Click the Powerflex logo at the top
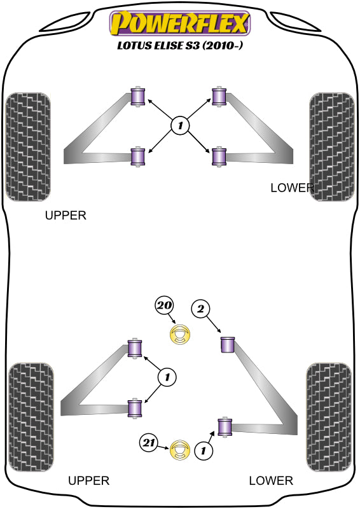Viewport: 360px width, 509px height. click(180, 24)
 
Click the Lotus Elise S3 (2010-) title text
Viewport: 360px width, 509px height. click(180, 45)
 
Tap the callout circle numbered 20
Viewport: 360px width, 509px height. click(164, 305)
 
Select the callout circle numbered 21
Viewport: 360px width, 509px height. click(149, 443)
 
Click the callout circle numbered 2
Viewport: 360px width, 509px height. click(200, 309)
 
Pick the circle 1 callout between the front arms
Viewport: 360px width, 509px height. click(180, 125)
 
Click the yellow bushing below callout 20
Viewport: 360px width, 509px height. click(179, 335)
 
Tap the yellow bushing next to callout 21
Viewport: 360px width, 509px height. click(179, 450)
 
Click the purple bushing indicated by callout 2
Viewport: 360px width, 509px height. click(228, 345)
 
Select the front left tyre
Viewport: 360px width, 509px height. click(28, 147)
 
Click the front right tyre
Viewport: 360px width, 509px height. click(332, 147)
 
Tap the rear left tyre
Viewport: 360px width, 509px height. click(31, 417)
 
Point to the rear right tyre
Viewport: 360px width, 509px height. click(329, 417)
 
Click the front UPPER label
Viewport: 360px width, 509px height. click(66, 215)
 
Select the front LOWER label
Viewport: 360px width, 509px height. click(292, 188)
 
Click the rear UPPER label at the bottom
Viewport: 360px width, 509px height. click(88, 480)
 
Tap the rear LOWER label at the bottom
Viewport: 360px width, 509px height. click(271, 480)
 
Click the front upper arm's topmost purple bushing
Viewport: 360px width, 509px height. click(137, 97)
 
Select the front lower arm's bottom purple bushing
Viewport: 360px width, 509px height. click(219, 157)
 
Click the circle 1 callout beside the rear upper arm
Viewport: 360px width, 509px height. click(167, 377)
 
